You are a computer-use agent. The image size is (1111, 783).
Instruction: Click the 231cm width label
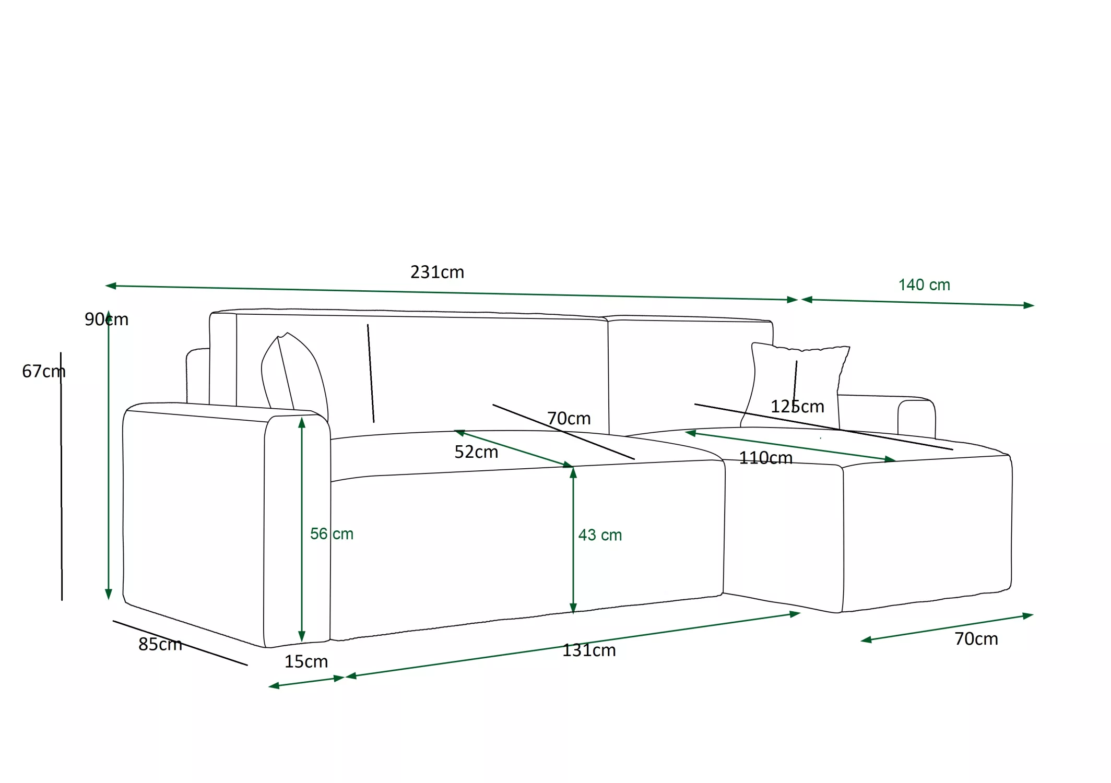(x=437, y=272)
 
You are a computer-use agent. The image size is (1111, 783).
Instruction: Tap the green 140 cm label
(x=924, y=285)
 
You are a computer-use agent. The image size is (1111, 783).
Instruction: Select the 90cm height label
(x=107, y=319)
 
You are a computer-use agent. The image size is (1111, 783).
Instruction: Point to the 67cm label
(x=44, y=371)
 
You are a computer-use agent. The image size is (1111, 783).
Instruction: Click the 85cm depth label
(x=160, y=644)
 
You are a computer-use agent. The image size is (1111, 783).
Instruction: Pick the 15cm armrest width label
(x=306, y=661)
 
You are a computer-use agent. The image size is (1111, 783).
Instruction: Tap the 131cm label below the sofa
(x=589, y=650)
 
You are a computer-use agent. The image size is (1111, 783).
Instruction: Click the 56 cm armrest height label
(x=332, y=533)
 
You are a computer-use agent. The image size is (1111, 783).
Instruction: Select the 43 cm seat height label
(x=600, y=535)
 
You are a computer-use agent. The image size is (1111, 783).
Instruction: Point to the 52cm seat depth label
(x=476, y=452)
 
